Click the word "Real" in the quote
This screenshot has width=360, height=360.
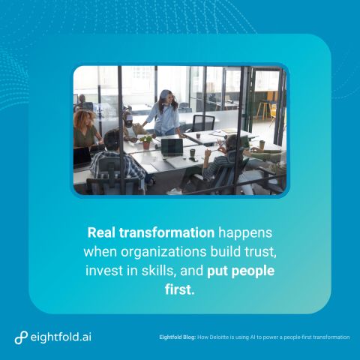click(x=101, y=232)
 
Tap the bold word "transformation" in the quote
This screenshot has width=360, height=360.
click(x=166, y=232)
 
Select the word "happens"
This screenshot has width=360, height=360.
click(x=245, y=233)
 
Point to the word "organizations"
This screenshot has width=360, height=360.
click(x=163, y=252)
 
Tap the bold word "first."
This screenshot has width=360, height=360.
click(x=180, y=289)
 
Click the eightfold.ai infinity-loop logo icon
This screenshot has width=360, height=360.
click(x=21, y=337)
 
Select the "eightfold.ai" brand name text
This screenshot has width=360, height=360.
click(x=61, y=337)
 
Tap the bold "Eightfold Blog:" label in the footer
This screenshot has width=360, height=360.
click(x=178, y=337)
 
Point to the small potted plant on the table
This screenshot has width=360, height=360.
click(x=145, y=142)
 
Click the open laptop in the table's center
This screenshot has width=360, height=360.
click(x=172, y=148)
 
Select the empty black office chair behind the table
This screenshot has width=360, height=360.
click(x=203, y=123)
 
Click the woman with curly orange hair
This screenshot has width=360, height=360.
click(x=85, y=130)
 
